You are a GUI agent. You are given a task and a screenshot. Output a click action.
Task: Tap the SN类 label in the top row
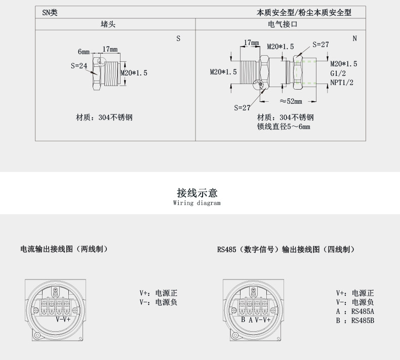click(x=50, y=13)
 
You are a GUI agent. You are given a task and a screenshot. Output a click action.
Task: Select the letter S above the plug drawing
click(x=178, y=38)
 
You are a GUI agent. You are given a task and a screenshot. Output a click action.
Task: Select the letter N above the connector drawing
click(x=354, y=38)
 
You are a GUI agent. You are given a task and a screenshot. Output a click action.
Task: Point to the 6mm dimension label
click(x=84, y=52)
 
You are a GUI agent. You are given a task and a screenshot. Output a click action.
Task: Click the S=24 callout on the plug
click(x=79, y=66)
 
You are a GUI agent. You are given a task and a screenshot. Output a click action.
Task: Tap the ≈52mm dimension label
click(x=291, y=101)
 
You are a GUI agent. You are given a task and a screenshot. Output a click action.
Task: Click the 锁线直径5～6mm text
click(x=284, y=127)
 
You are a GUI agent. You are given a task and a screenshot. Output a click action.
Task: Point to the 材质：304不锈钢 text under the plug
click(x=104, y=117)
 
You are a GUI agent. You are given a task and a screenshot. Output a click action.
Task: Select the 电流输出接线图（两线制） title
click(x=64, y=249)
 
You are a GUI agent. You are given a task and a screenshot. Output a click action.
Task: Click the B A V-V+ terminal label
click(x=255, y=320)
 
